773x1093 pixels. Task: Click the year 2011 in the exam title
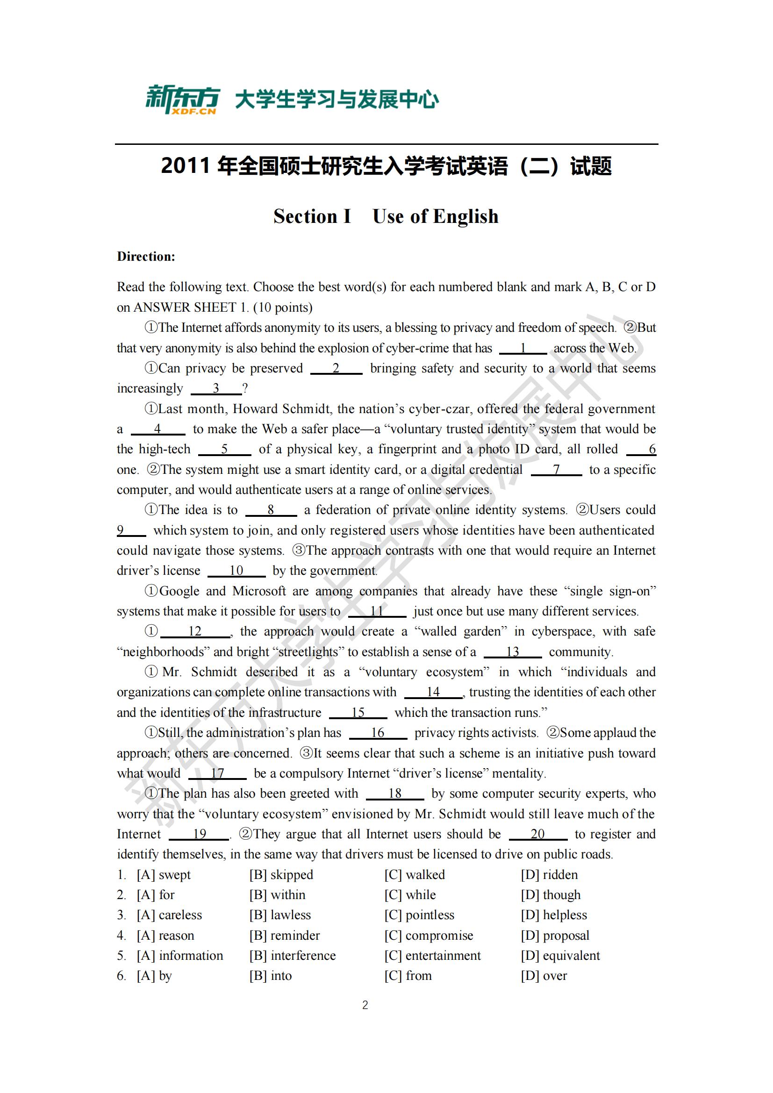tap(185, 166)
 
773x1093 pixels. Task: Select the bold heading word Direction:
tap(146, 257)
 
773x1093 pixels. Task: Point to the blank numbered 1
tap(522, 349)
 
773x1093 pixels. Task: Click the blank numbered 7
tap(556, 470)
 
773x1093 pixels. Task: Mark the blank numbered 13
tap(512, 652)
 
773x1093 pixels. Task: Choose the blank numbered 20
tap(537, 834)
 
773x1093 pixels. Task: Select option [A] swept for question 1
tap(164, 874)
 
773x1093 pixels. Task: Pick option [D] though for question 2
tap(551, 895)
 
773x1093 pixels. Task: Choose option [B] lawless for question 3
tap(280, 915)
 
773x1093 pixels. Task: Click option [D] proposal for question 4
tap(555, 936)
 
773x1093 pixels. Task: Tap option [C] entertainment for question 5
tap(433, 956)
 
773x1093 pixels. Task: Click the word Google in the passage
tap(179, 591)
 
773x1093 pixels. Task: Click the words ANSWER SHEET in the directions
tap(185, 307)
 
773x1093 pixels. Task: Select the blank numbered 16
tap(378, 733)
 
